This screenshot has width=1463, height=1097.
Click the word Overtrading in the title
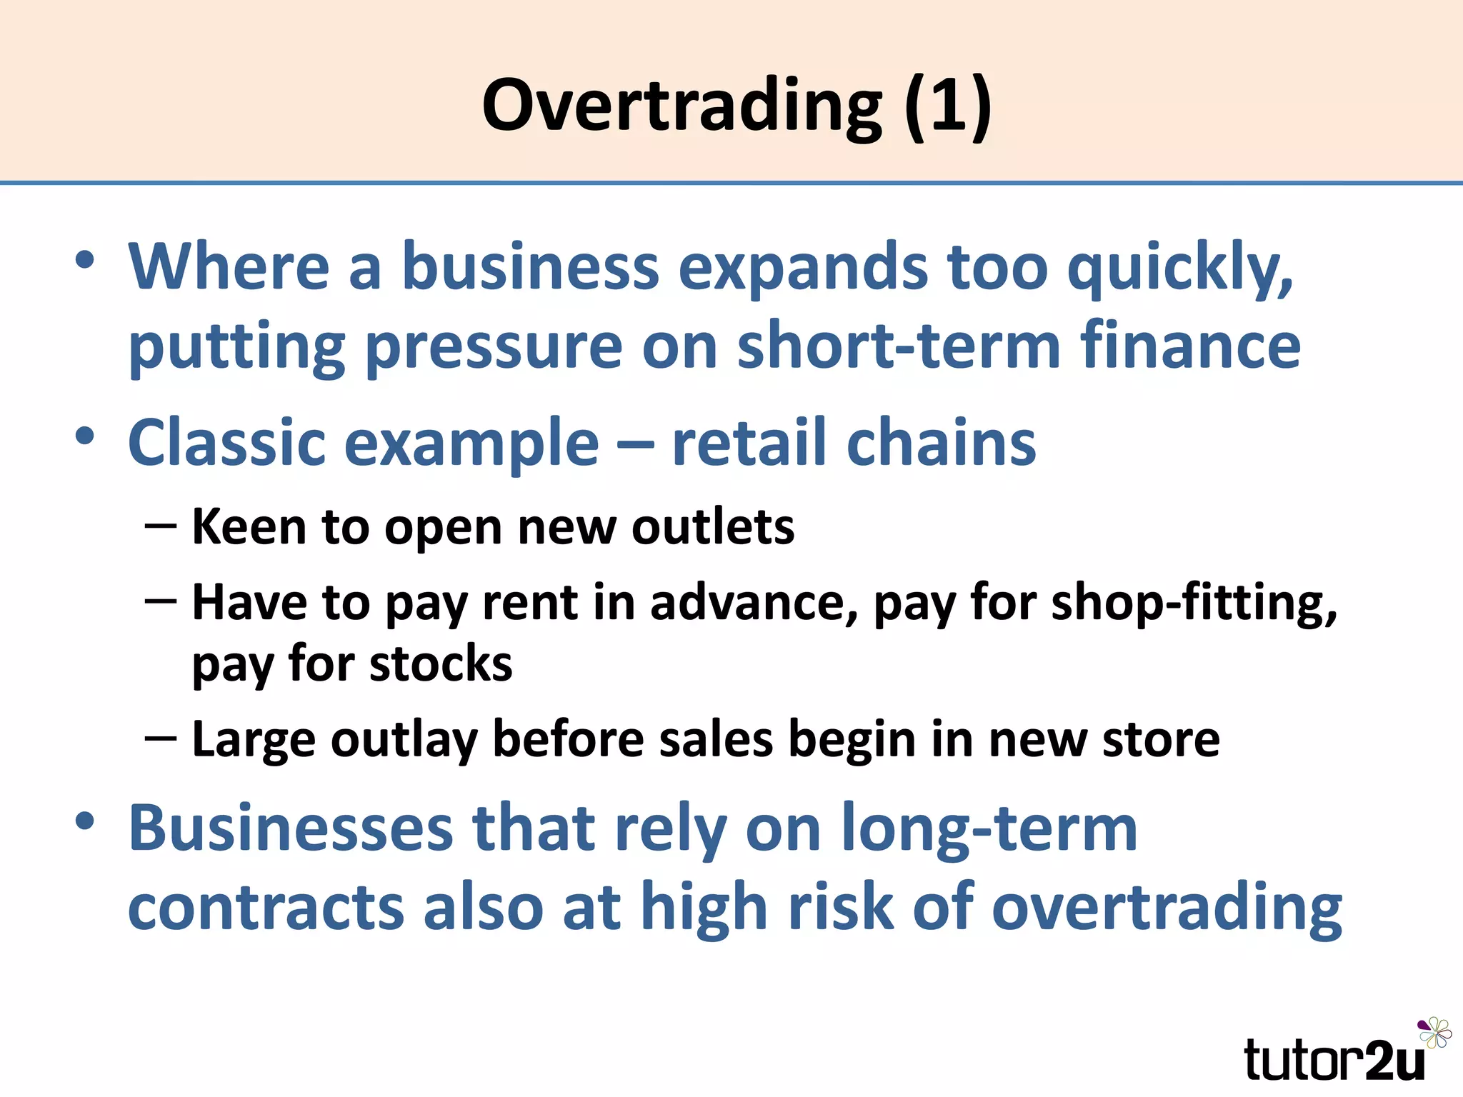click(681, 106)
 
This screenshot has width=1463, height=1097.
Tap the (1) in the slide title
click(948, 106)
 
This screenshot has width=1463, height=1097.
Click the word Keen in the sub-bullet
click(249, 527)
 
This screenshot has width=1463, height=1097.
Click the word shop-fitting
click(1193, 603)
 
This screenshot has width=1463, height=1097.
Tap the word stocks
click(441, 664)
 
